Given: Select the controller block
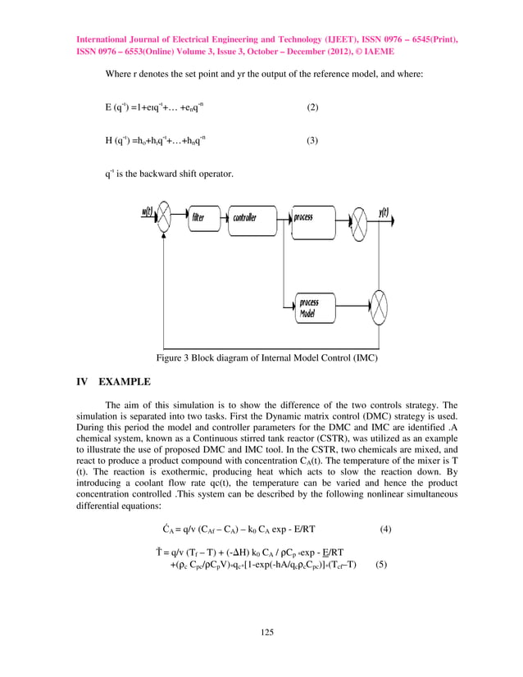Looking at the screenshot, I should pos(249,217).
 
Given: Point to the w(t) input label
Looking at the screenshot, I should pos(147,211).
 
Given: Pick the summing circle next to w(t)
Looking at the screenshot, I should pos(163,218).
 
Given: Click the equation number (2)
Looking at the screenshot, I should pos(312,108).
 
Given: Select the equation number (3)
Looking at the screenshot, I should pos(312,141).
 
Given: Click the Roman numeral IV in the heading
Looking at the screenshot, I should pos(82,382).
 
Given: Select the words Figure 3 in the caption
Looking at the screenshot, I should pos(175,357).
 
